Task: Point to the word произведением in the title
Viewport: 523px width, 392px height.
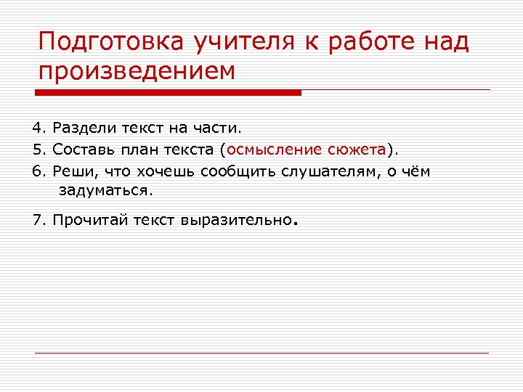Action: click(x=137, y=73)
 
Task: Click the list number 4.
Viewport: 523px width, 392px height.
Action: click(x=38, y=128)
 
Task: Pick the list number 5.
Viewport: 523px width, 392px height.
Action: click(x=38, y=150)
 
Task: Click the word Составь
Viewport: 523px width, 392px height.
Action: click(x=84, y=150)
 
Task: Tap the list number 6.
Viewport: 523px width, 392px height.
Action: click(x=38, y=171)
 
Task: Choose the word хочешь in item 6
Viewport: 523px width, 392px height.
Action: click(x=167, y=171)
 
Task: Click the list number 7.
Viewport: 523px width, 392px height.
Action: click(x=38, y=220)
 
